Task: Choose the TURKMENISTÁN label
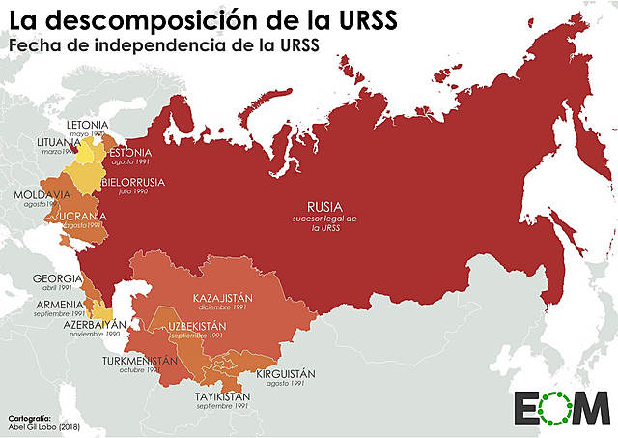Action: (140, 360)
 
